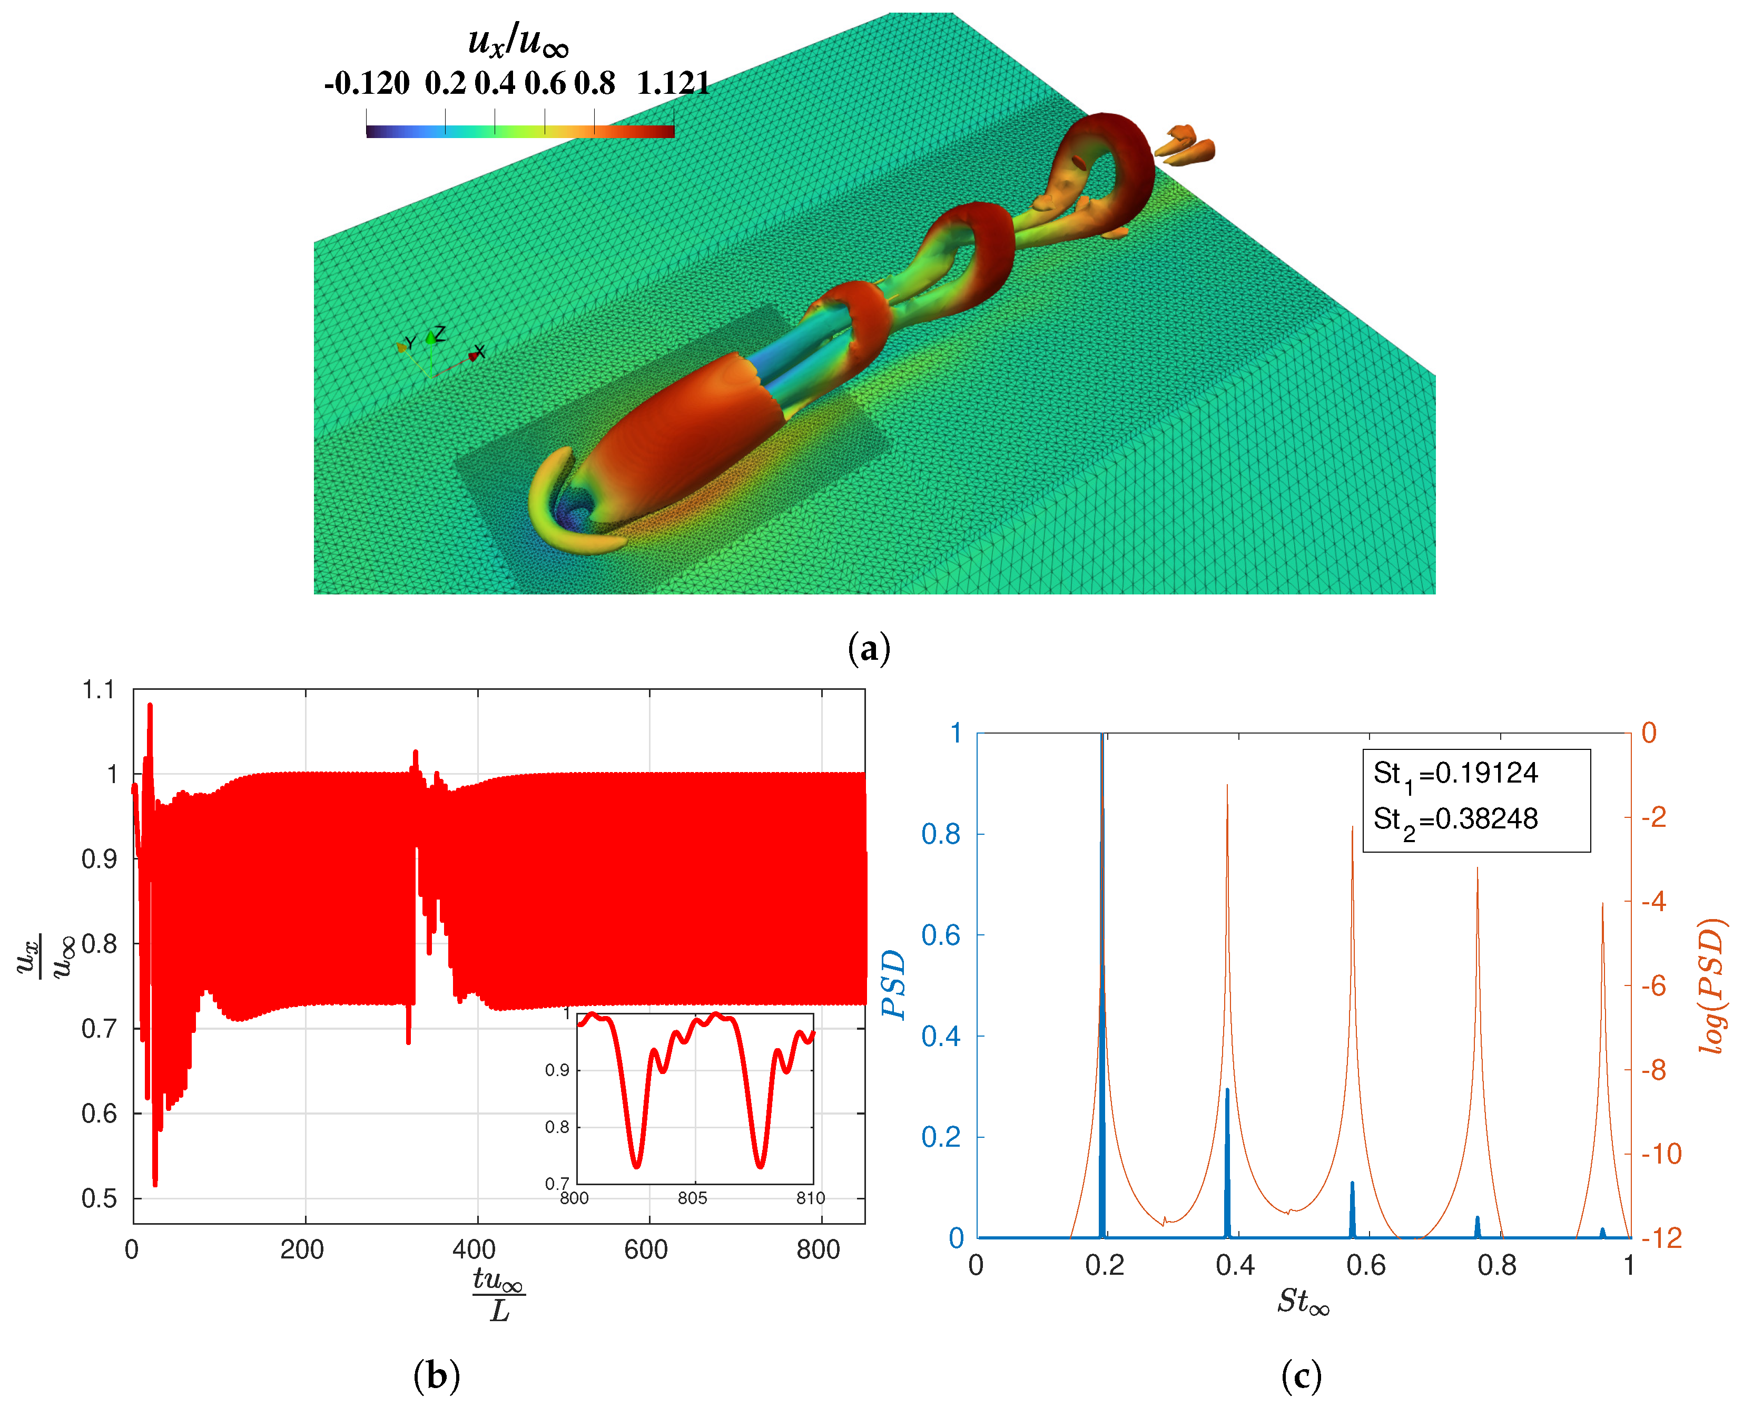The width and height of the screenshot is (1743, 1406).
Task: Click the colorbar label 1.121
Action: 673,83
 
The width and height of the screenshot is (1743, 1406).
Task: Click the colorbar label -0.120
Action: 367,83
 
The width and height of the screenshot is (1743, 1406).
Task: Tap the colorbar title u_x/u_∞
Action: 518,41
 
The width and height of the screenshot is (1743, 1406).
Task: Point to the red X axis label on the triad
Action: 479,351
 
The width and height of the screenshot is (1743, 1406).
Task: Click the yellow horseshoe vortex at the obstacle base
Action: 558,519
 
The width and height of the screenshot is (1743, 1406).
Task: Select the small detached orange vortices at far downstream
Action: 1186,144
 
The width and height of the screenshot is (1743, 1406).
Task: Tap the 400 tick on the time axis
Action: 475,1249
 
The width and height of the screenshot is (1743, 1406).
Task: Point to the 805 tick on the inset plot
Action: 692,1198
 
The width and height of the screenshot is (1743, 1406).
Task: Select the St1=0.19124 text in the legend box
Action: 1455,774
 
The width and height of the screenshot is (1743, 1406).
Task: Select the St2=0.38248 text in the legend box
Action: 1455,819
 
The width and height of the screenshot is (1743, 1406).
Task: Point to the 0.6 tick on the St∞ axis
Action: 1366,1265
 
